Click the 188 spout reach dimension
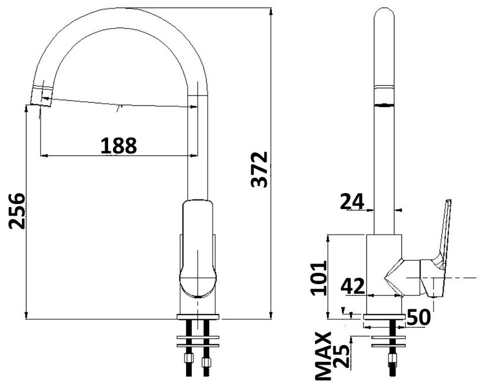[118, 145]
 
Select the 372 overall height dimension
[259, 169]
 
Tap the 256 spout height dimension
[17, 211]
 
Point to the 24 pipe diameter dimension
[352, 202]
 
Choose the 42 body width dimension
[353, 286]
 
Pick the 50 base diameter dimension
[418, 317]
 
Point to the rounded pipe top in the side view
[384, 16]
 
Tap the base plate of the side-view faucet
[384, 317]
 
